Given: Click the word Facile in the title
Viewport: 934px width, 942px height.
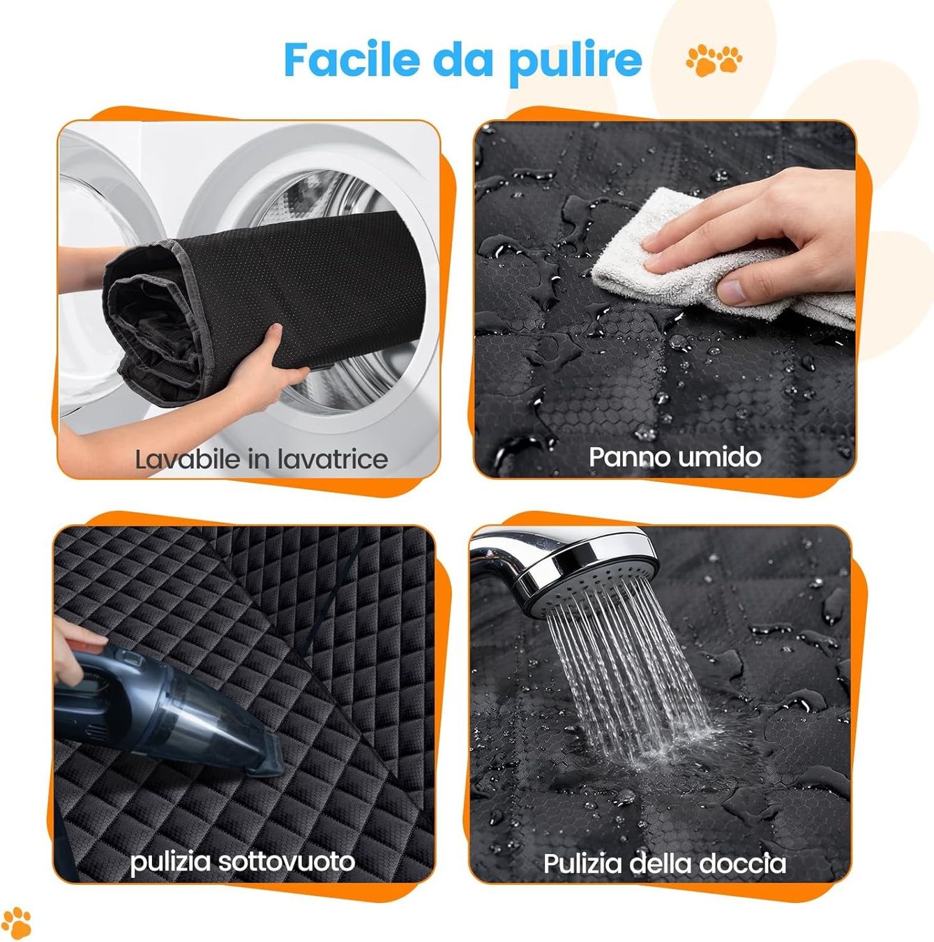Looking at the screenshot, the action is coord(352,59).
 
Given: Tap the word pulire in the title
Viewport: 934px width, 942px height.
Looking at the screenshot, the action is coord(575,63).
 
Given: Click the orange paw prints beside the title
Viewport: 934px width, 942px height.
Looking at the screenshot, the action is coord(714,60).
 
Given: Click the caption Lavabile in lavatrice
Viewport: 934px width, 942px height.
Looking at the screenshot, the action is coord(262,460).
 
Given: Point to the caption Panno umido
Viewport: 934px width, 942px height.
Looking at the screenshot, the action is coord(675,457).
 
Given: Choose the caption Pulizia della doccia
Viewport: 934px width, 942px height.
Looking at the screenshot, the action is coord(665,864).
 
